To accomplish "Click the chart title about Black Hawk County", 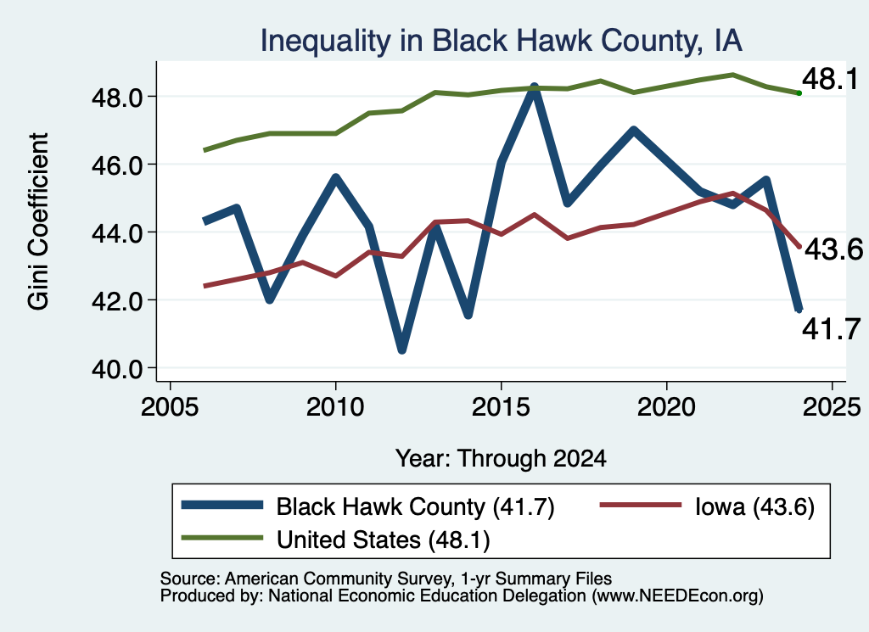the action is tap(501, 41).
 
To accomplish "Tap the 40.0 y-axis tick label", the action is tap(117, 368).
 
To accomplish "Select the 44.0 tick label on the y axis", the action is tap(117, 233).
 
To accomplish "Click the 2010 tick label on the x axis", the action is tap(335, 407).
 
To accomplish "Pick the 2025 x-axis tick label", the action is tap(832, 407).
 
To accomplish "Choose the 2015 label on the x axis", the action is tap(501, 407).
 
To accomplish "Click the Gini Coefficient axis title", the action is tap(38, 221).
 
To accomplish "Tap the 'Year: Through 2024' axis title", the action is tap(501, 459).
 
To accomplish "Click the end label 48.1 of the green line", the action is tap(830, 79).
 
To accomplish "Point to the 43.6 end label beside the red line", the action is tap(833, 249).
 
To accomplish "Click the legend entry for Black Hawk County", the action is tap(368, 506).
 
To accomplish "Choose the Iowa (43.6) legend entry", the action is tap(707, 506).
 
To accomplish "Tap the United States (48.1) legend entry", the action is tap(336, 539).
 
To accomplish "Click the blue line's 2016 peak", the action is tap(534, 87).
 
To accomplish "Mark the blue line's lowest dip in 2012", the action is tap(401, 349).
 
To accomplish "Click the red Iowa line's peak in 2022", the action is tap(732, 193).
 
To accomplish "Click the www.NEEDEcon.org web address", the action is tap(677, 596).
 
